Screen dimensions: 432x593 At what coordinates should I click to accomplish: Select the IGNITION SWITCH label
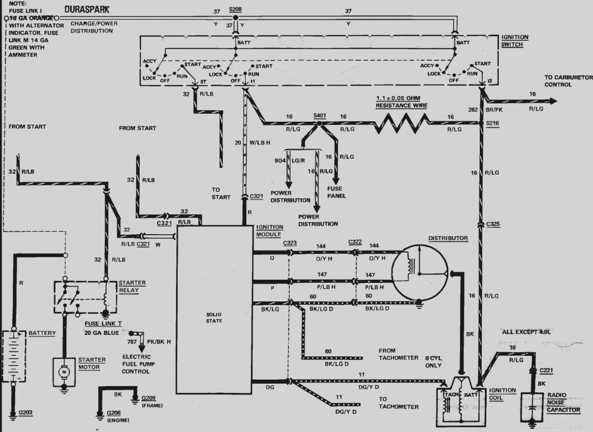click(x=515, y=41)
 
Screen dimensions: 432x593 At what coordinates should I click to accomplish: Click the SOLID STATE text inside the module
click(x=214, y=318)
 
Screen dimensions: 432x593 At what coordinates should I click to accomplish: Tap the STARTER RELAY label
click(x=132, y=287)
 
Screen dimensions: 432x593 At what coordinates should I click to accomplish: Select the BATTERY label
click(x=42, y=333)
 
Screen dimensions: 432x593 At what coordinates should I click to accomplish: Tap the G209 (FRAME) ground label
click(x=150, y=401)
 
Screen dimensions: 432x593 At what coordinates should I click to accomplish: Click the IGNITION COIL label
click(x=502, y=394)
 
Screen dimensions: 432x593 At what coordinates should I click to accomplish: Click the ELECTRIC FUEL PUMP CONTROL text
click(x=136, y=365)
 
